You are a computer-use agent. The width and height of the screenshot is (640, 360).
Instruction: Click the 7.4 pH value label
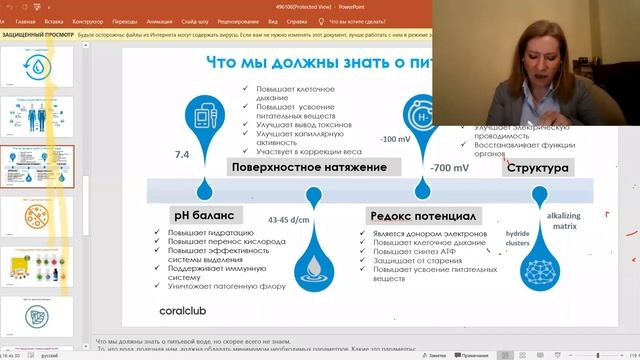(182, 155)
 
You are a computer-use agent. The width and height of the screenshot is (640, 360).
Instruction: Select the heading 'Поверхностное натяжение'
(307, 167)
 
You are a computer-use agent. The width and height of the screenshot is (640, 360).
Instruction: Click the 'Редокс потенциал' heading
(423, 214)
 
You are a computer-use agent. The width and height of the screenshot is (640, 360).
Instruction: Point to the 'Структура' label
(539, 167)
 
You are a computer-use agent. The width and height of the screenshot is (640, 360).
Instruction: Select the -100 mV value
(395, 139)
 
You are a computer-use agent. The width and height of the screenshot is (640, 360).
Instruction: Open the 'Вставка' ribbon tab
(54, 20)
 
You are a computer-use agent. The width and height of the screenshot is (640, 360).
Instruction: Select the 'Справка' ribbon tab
(296, 20)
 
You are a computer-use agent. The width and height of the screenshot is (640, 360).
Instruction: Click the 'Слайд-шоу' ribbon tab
(200, 20)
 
